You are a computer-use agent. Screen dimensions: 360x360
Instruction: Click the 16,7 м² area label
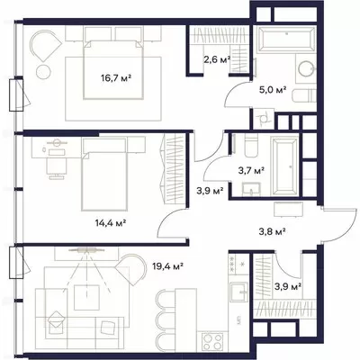116,78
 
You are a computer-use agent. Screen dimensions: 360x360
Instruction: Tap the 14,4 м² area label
111,223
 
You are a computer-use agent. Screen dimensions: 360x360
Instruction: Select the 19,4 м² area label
168,265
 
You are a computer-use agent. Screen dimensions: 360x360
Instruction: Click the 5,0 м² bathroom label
273,89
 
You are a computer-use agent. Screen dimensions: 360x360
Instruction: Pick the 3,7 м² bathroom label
251,171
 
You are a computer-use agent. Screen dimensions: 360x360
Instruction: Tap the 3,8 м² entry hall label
272,231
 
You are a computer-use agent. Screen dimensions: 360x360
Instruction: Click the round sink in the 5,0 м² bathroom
306,68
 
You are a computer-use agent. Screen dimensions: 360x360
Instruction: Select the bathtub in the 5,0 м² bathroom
287,40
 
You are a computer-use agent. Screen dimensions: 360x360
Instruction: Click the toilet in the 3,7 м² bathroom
251,146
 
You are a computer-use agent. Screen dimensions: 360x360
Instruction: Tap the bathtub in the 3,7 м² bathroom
285,166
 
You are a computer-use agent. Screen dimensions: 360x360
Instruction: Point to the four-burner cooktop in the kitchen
212,342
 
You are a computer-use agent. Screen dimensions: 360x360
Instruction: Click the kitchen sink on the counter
239,292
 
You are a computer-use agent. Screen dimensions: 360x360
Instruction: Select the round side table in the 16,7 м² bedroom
43,71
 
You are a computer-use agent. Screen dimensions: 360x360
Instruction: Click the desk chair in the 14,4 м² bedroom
57,168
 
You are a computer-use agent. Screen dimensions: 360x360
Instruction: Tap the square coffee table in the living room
86,298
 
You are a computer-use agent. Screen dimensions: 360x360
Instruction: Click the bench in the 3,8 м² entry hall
289,209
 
